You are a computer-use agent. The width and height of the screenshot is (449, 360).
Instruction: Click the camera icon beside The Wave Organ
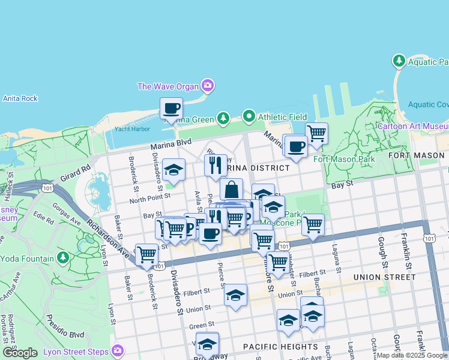pos(208,86)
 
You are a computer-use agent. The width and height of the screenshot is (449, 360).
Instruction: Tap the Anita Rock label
pos(20,98)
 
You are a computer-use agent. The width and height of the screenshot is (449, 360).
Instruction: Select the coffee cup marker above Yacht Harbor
pos(171,109)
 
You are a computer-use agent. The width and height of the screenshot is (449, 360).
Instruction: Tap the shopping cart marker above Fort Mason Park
pos(316,133)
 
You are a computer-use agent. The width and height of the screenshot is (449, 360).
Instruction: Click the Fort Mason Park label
pos(344,159)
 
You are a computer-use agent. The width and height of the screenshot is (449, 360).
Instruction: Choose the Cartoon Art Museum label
pos(412,126)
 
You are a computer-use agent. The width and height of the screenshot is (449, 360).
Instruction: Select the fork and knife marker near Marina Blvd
pos(215,165)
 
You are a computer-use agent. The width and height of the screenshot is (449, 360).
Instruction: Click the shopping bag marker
pos(231,190)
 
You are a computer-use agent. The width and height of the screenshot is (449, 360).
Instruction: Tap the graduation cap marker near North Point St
pos(173,170)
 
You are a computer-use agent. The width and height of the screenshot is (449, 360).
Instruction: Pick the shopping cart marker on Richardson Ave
pos(146,254)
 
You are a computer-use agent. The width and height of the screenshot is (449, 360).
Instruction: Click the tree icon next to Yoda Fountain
pos(63,259)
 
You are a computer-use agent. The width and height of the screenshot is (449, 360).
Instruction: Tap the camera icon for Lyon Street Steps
pos(118,350)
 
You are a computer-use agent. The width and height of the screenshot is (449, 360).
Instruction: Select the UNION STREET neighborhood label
pos(384,277)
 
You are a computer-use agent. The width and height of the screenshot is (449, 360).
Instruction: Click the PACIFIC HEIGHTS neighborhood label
pos(280,347)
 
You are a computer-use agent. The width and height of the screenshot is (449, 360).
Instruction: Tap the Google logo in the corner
pos(20,353)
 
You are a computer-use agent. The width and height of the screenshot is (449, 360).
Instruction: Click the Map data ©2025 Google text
pos(411,355)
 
